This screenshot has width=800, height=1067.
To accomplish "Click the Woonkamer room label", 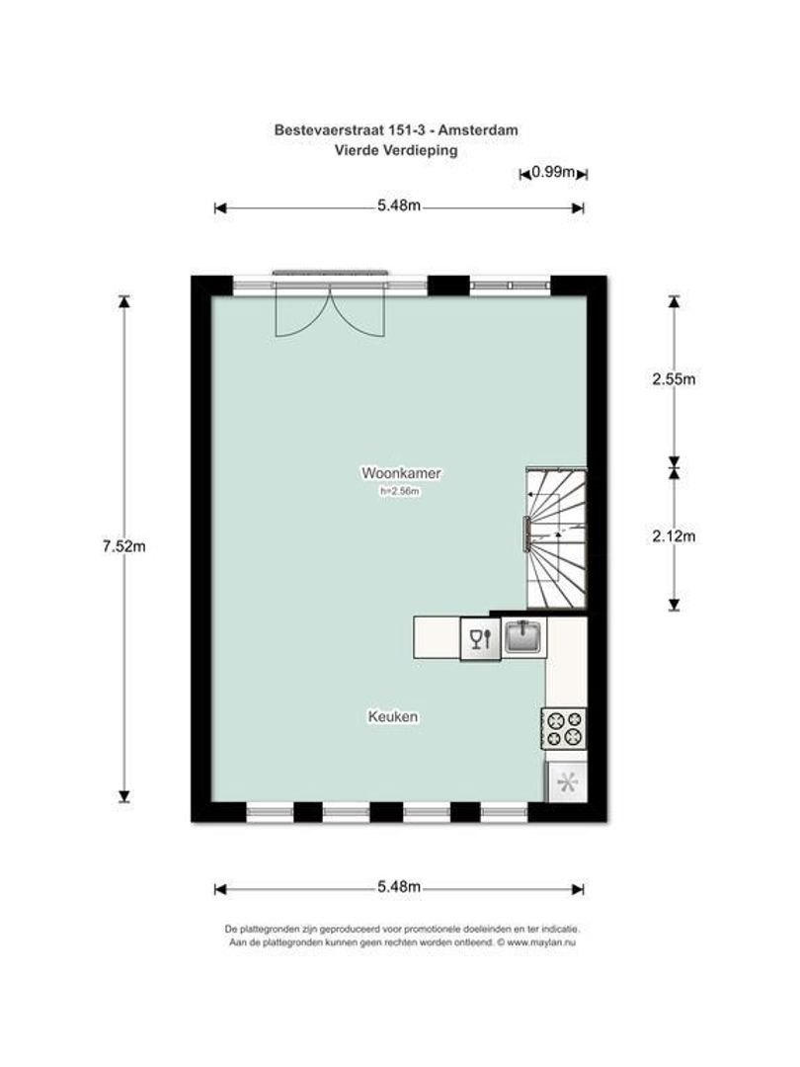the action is (x=401, y=473).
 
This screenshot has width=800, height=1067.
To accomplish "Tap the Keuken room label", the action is (x=392, y=716).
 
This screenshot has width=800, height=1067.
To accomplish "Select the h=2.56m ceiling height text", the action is (x=399, y=491).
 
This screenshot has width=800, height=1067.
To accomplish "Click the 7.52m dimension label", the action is (x=123, y=545).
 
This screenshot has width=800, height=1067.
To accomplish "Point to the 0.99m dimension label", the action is (x=553, y=172).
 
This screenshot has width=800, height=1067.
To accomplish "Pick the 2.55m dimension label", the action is (x=674, y=379).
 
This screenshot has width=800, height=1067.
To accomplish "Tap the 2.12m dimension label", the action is (x=674, y=536).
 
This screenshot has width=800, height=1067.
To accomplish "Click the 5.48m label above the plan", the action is (x=399, y=205).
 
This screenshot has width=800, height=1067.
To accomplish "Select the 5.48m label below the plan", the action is (x=399, y=886).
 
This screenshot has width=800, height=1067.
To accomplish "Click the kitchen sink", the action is (x=523, y=636).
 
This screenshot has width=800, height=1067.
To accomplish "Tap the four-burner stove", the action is (x=564, y=728).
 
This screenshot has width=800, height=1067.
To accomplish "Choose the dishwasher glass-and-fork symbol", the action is (x=480, y=638).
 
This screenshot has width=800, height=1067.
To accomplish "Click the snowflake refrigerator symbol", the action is (x=567, y=782).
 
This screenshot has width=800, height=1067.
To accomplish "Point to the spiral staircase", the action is (x=556, y=537).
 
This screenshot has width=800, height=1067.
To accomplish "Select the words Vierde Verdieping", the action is (x=396, y=150).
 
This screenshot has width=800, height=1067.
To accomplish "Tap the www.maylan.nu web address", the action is (x=541, y=943).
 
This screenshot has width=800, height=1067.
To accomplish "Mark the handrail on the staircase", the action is (x=525, y=533).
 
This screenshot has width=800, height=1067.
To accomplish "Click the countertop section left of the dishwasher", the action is (x=437, y=637).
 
